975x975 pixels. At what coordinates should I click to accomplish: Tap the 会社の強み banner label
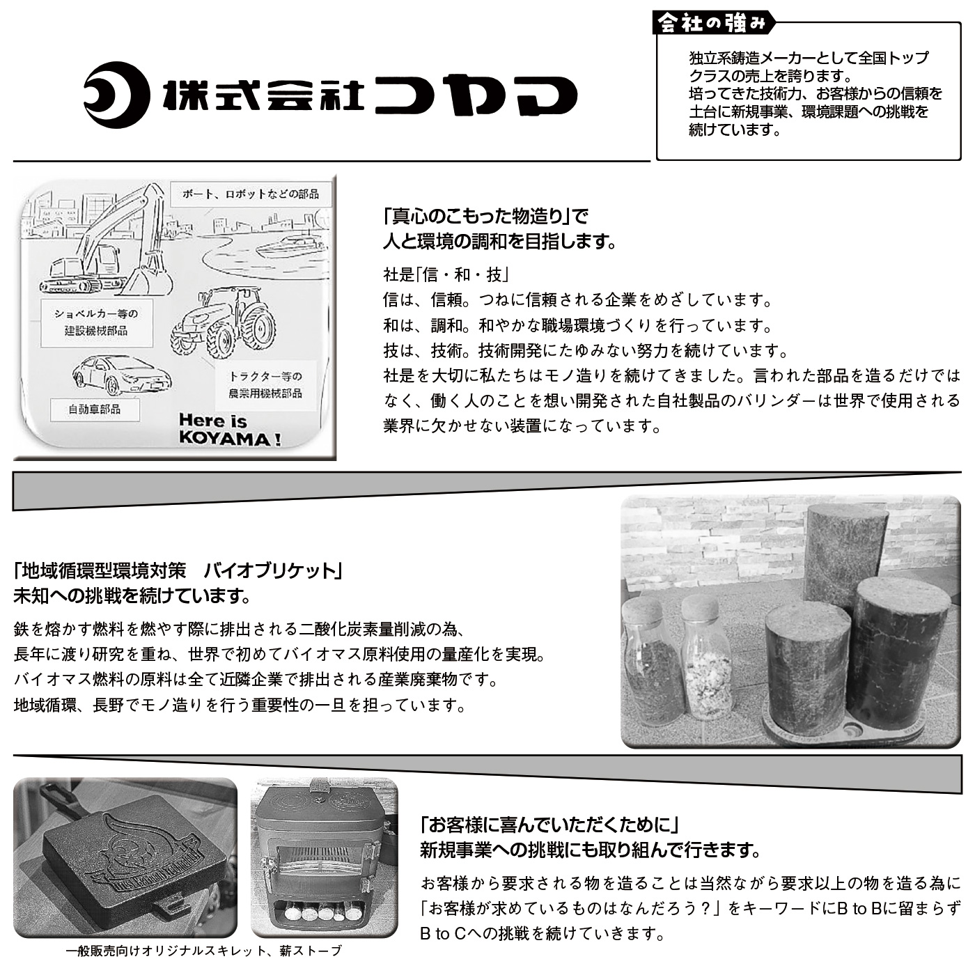[x=712, y=23]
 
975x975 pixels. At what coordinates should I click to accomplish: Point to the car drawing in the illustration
[x=121, y=375]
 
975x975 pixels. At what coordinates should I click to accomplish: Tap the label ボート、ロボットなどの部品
[x=251, y=194]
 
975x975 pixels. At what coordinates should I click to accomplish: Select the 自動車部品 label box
[x=95, y=409]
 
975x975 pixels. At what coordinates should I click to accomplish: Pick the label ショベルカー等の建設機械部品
[x=95, y=322]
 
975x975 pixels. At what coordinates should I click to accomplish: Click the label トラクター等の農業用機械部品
[x=265, y=384]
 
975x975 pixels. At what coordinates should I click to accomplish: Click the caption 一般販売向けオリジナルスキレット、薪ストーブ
[x=204, y=951]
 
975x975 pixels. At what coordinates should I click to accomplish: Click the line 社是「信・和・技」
[x=445, y=274]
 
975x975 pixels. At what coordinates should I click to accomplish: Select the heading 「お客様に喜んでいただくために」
[x=549, y=825]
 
